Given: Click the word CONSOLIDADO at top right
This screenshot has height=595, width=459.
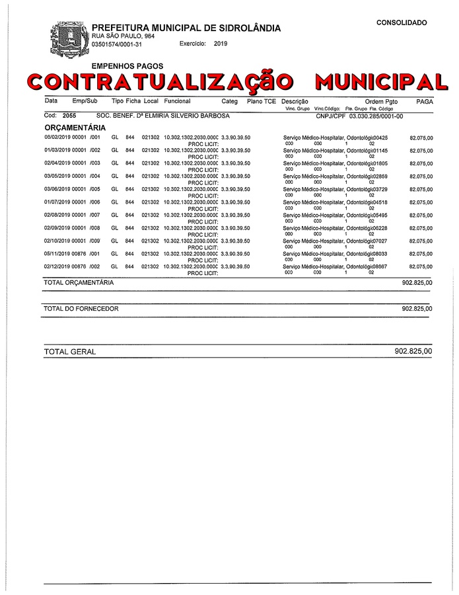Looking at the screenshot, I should (402, 22).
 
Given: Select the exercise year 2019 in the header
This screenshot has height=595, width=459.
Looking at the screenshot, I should (221, 44).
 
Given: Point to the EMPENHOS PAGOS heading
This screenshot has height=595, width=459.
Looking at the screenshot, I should (127, 66).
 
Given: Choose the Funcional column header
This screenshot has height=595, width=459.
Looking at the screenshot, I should (177, 101).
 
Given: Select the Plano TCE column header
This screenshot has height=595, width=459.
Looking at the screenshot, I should (262, 101).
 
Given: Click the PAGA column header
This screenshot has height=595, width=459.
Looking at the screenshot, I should (425, 101).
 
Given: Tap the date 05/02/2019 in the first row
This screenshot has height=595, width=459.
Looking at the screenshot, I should (56, 138).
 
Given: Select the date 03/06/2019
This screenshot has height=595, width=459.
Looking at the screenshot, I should (56, 189).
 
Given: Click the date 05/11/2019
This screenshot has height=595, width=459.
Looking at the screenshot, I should (56, 254).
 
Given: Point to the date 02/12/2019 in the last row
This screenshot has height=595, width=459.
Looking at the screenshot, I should (56, 266).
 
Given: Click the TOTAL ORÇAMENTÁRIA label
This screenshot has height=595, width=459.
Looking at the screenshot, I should (78, 282).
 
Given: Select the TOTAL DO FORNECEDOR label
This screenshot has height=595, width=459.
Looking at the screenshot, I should (81, 309).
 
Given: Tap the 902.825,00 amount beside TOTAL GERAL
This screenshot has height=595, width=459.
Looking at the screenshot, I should (413, 352).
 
